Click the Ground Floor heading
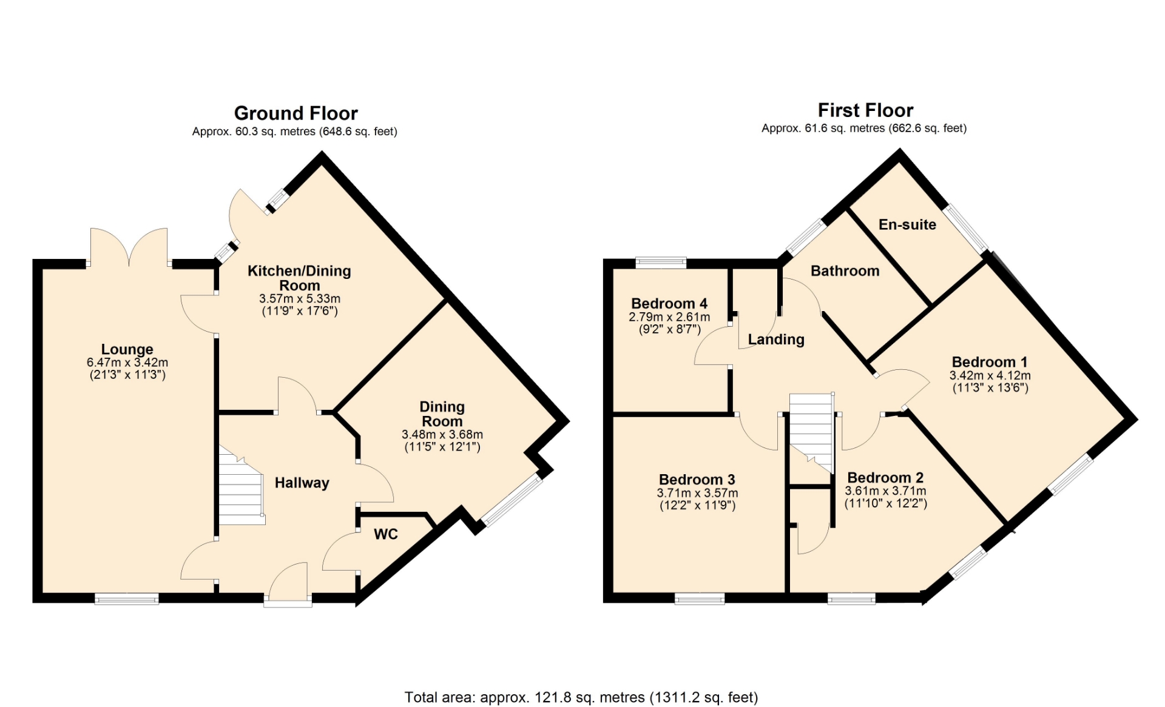(x=295, y=113)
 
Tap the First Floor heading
(x=865, y=110)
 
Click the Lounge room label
(x=127, y=349)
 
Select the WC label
(x=386, y=534)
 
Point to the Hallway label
(x=302, y=483)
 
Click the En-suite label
(x=907, y=224)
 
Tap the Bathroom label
(x=845, y=271)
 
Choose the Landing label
(x=776, y=340)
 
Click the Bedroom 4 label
(x=669, y=303)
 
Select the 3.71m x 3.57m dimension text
(x=697, y=493)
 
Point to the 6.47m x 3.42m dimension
(x=127, y=363)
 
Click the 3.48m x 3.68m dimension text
(x=442, y=435)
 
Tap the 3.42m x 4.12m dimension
(x=990, y=376)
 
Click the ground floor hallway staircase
(x=241, y=486)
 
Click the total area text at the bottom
(x=581, y=698)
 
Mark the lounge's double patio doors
(x=129, y=247)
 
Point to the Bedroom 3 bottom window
(x=700, y=599)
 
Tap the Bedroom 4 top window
(x=661, y=263)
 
